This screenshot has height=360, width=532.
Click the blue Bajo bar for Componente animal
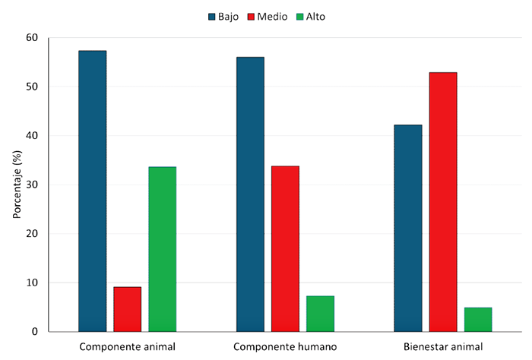[92, 191]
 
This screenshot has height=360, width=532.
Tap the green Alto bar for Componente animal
[162, 249]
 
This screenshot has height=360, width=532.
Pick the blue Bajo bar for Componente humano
[250, 194]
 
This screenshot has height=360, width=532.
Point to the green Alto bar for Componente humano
[320, 314]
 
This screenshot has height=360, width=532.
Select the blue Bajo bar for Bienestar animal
[408, 228]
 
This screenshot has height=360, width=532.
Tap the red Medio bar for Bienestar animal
[443, 202]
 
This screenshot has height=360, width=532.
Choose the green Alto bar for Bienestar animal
[478, 320]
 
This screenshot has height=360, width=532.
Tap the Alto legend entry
[319, 16]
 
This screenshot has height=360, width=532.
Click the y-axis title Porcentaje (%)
[16, 185]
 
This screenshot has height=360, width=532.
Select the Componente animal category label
[127, 347]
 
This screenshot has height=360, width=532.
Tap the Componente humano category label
[285, 347]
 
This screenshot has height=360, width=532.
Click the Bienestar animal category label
[443, 347]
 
